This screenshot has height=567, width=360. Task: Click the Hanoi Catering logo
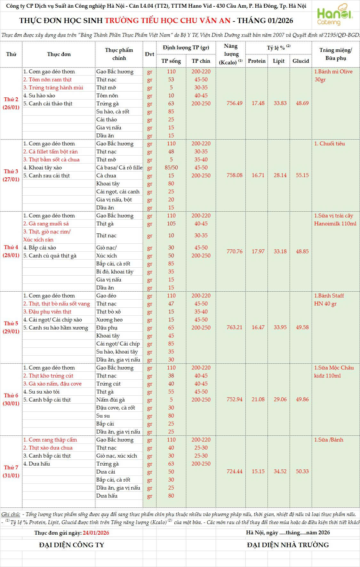[x=334, y=15]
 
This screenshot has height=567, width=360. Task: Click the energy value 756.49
[x=234, y=103]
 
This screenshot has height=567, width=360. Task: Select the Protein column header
[x=257, y=61]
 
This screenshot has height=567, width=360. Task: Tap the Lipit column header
[x=278, y=61]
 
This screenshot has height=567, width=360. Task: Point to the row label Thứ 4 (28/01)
[x=11, y=251]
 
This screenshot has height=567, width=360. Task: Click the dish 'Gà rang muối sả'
[x=46, y=224]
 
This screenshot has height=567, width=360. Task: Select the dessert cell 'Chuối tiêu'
[x=330, y=144]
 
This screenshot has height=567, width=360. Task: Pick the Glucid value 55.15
[x=302, y=175]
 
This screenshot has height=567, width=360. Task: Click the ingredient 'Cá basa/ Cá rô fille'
[x=119, y=168]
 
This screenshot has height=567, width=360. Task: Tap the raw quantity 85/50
[x=171, y=168]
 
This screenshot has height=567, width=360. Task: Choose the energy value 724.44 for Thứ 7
[x=234, y=472]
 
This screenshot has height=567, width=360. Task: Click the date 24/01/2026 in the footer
[x=96, y=533]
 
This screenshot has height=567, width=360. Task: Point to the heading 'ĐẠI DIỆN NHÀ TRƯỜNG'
[x=288, y=545]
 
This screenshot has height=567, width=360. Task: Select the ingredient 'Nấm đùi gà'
[x=110, y=400]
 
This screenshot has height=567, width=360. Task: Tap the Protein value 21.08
[x=258, y=400]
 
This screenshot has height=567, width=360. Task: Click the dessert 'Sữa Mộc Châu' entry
[x=334, y=368]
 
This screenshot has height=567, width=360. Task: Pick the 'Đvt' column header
[x=149, y=54]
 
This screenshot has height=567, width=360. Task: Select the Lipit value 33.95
[x=280, y=328]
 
